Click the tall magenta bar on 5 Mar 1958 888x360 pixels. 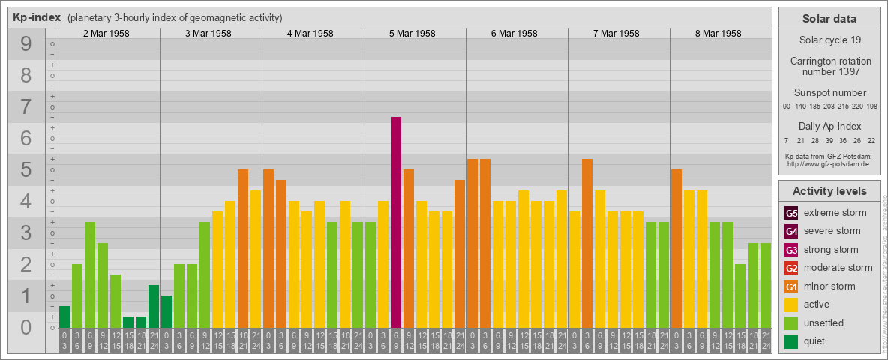click(x=396, y=222)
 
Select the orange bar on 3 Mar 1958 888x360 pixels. click(x=243, y=248)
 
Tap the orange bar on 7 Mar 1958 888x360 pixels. click(x=587, y=243)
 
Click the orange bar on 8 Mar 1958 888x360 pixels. click(x=676, y=248)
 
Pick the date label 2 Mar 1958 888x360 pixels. click(x=106, y=34)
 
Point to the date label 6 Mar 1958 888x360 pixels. click(x=514, y=34)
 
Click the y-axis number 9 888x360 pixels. click(x=26, y=45)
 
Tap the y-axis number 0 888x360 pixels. click(x=26, y=328)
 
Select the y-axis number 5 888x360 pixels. click(x=26, y=170)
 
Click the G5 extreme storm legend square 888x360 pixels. click(x=792, y=213)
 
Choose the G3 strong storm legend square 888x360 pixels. click(x=792, y=250)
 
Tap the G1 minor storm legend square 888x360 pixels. click(x=792, y=286)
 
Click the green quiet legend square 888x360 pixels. click(x=792, y=341)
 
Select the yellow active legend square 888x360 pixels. click(x=792, y=304)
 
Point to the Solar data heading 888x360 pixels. click(x=829, y=19)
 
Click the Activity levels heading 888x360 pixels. click(x=829, y=191)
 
